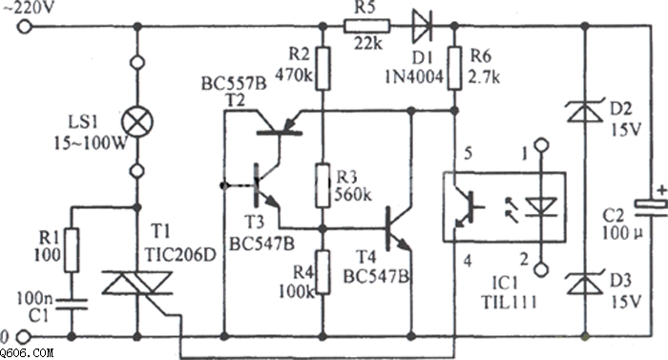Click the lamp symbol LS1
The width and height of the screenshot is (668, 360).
137,121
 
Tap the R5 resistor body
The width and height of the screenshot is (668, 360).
366,26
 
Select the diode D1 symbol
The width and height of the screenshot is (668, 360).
422,26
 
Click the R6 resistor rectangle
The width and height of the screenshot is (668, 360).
454,68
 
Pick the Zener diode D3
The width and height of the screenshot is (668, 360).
585,283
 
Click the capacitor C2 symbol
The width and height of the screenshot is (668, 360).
651,209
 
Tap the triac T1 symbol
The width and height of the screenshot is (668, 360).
137,283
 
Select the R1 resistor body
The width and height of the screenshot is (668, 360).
72,250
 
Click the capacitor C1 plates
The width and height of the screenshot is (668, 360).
72,304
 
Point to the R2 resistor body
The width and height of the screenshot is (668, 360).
323,69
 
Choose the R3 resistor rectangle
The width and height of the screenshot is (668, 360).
323,185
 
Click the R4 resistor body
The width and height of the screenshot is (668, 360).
323,272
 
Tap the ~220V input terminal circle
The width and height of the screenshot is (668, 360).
24,27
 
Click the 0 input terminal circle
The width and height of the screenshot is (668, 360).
24,337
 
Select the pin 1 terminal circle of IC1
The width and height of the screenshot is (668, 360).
541,145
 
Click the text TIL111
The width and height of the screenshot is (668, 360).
509,302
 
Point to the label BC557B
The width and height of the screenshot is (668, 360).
234,84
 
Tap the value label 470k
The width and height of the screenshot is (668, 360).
294,75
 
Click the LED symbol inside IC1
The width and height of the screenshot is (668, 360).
541,207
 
